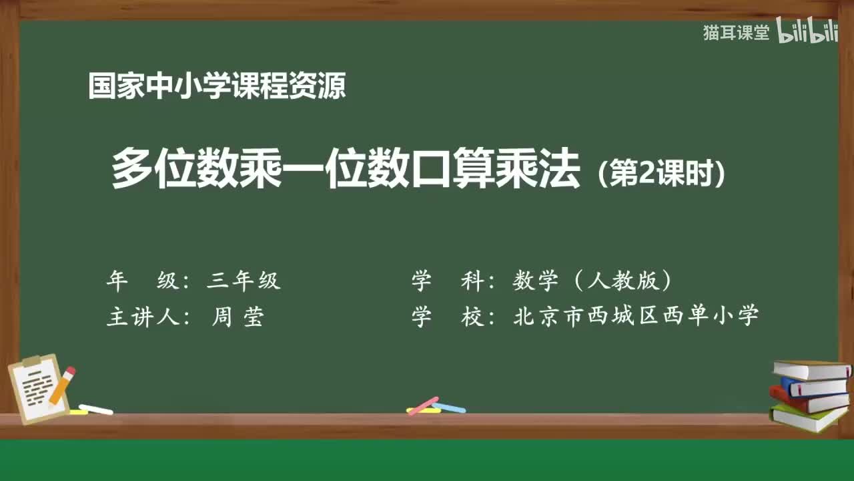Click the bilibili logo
(807, 33)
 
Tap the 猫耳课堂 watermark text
(736, 33)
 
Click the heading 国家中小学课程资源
(217, 86)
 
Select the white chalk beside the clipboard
(95, 409)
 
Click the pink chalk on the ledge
(422, 406)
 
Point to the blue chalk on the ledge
(449, 408)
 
